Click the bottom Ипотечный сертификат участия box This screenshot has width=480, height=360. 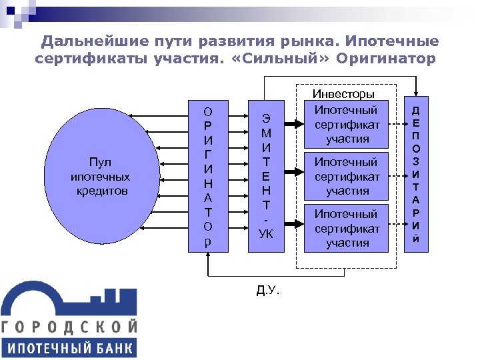pos(347,228)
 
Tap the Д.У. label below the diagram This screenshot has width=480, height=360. pos(268,290)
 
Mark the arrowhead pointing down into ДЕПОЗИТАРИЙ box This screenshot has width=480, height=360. pos(416,95)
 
